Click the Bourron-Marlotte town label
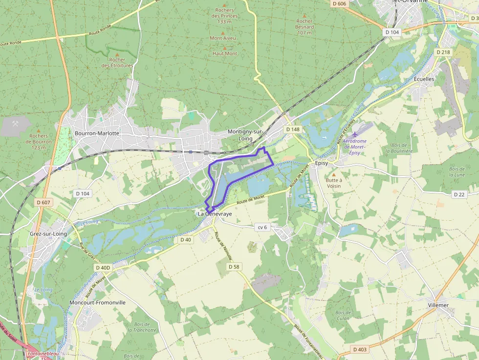(x=97, y=133)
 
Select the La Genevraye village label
(x=215, y=214)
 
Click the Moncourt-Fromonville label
(x=97, y=302)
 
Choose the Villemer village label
(x=438, y=305)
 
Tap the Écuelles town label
(x=424, y=79)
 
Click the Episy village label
(x=322, y=163)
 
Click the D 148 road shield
(x=293, y=129)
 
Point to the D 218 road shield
(x=443, y=52)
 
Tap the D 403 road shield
(x=359, y=350)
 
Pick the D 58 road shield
(x=234, y=267)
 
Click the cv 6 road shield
(x=262, y=227)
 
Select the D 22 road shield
(x=459, y=194)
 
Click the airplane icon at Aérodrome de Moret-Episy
(x=355, y=134)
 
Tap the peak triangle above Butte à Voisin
(x=334, y=174)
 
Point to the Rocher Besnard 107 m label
(x=305, y=27)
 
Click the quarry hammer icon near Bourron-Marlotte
(x=16, y=124)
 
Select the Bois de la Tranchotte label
(x=142, y=327)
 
